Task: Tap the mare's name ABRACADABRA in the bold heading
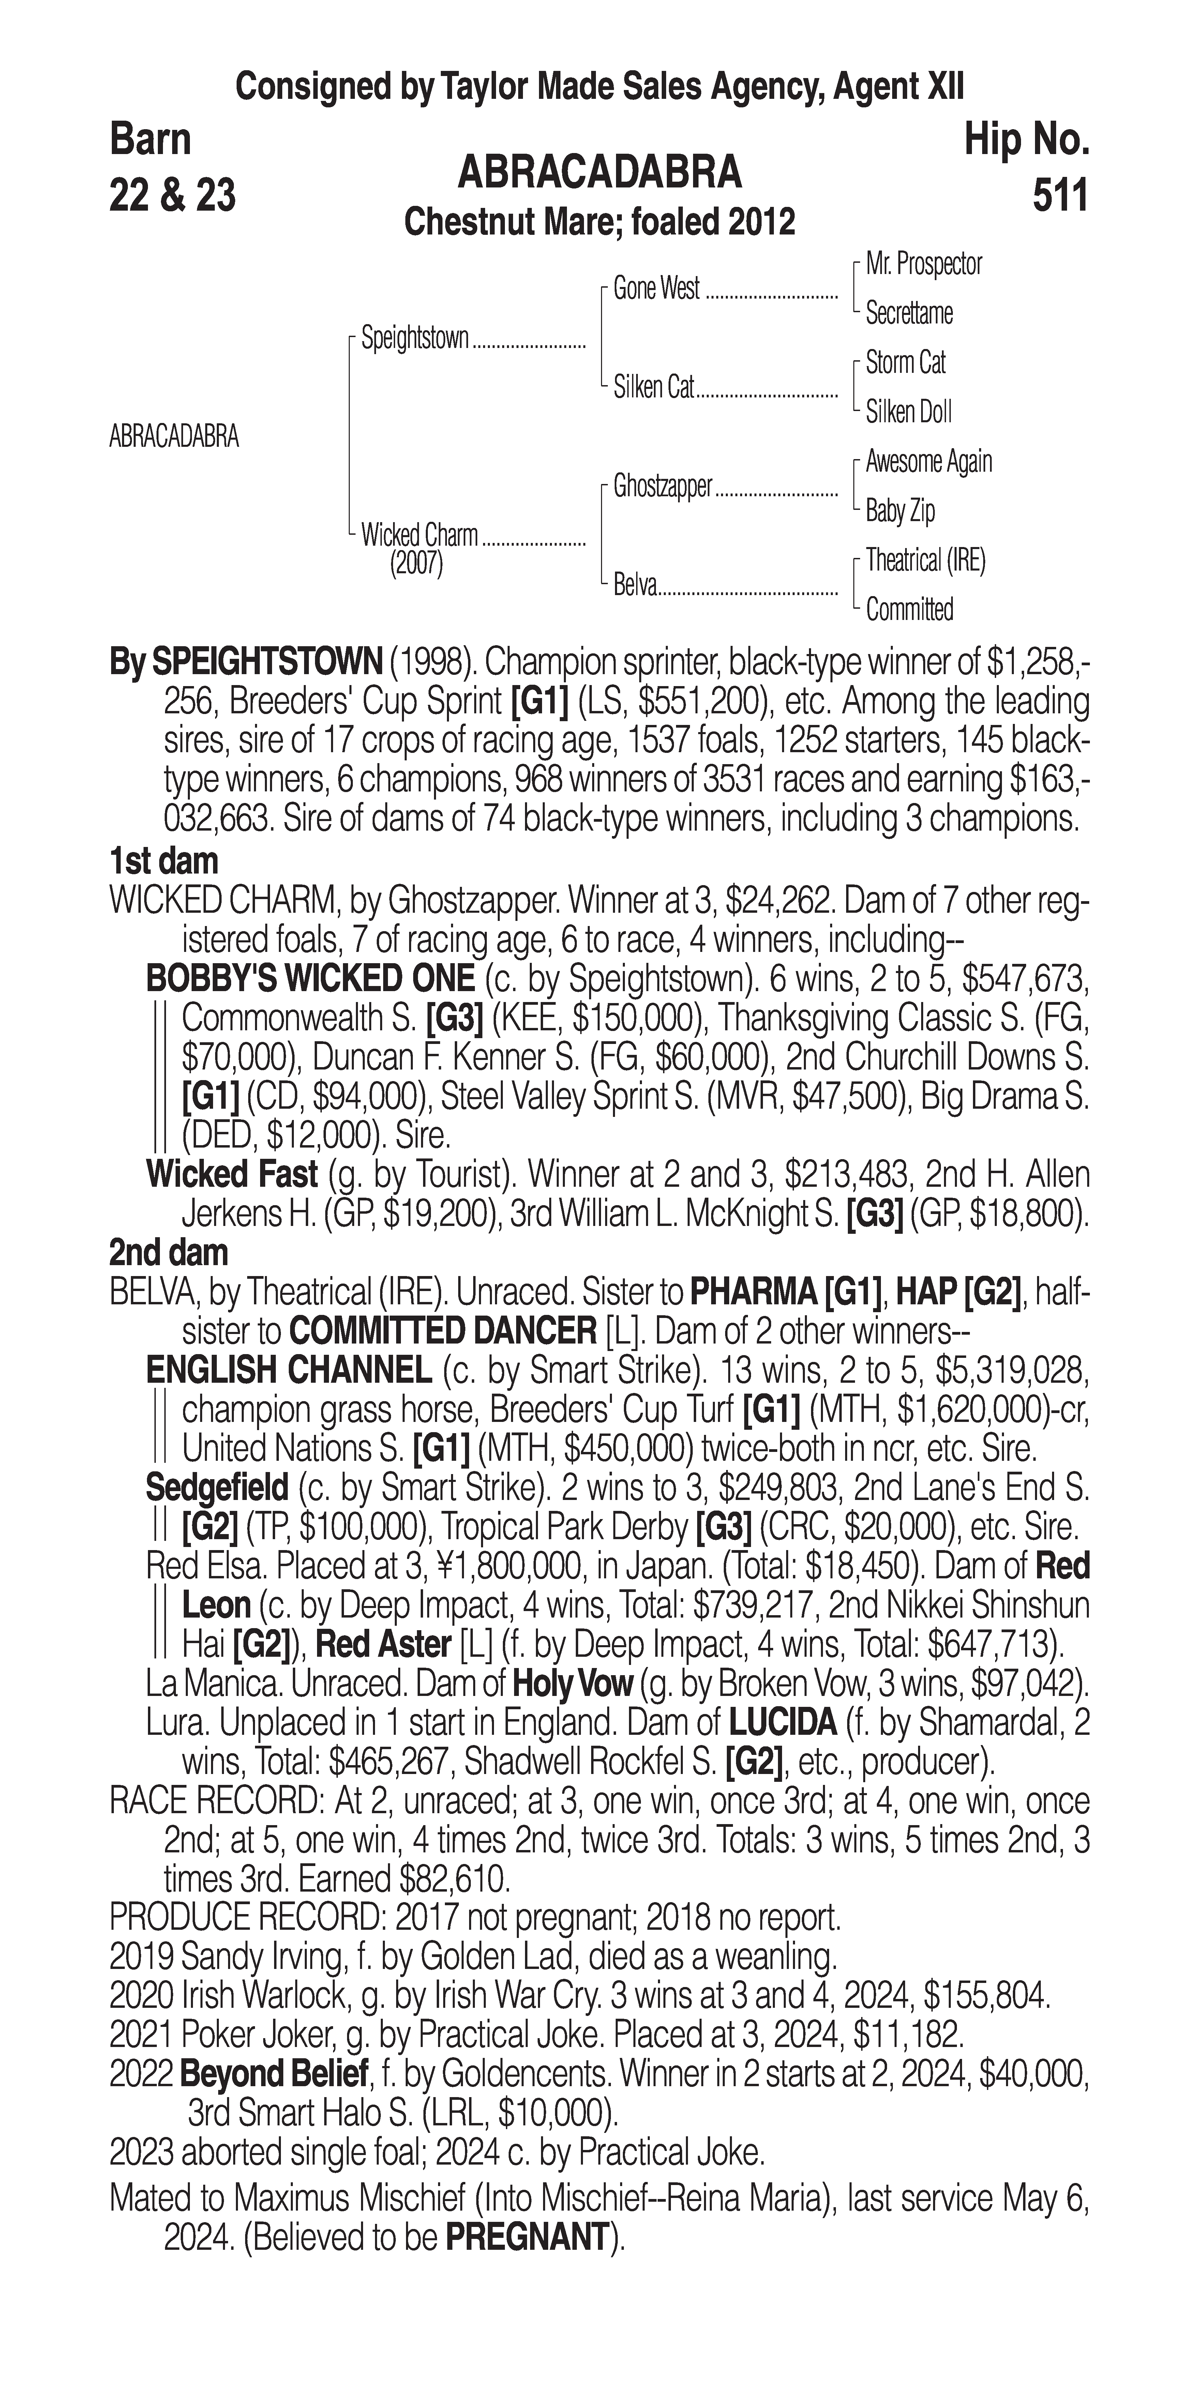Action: (600, 172)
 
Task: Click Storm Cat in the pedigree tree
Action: (905, 363)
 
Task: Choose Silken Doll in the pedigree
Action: (909, 412)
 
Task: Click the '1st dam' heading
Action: (164, 861)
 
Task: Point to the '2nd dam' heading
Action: (168, 1253)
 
